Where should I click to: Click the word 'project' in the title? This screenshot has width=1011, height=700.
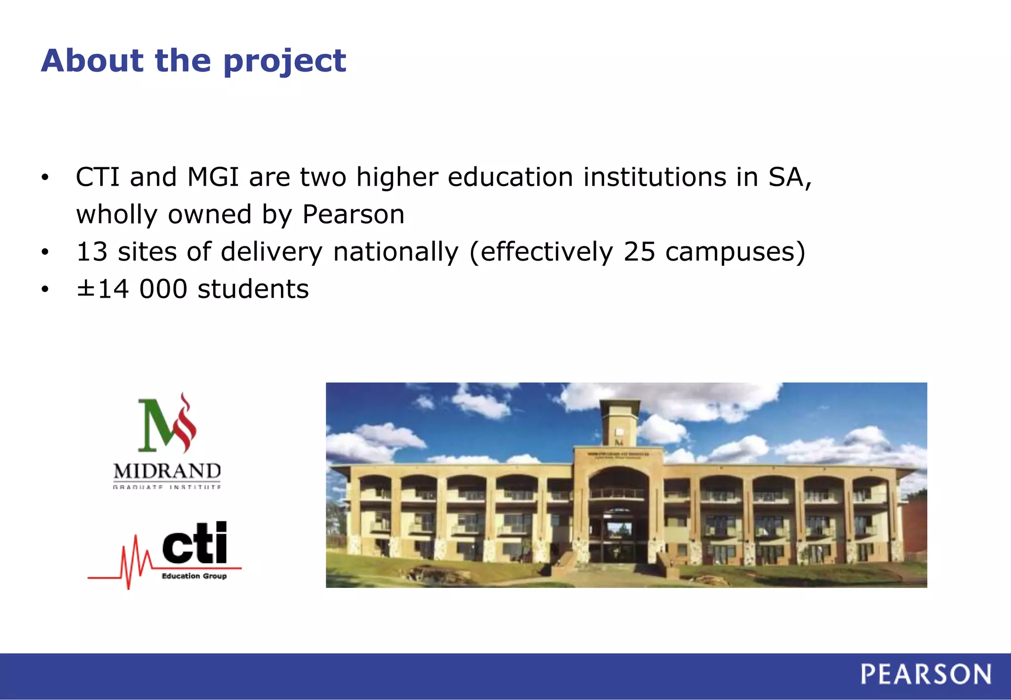[x=284, y=61]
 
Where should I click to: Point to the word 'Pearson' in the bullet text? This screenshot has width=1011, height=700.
[x=353, y=214]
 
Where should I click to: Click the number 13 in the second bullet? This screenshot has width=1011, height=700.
[x=92, y=252]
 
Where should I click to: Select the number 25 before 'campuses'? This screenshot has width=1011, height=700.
[x=639, y=252]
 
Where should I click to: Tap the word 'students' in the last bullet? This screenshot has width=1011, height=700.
[x=253, y=289]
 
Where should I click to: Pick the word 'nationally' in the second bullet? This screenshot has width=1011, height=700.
[x=396, y=252]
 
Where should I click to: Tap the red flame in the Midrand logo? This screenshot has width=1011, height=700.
[x=186, y=424]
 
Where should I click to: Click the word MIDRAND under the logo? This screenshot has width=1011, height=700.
[x=167, y=471]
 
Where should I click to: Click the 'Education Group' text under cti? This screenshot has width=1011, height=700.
[x=194, y=576]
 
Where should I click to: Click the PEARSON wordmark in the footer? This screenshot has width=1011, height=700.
[x=926, y=674]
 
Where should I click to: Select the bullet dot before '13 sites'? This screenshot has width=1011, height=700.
[x=45, y=252]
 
